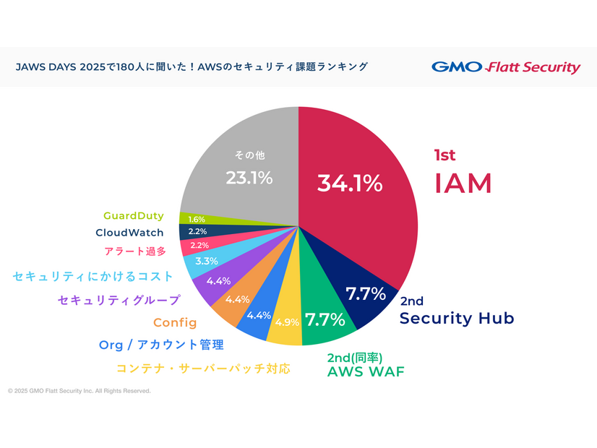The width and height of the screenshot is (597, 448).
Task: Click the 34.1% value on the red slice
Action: coord(349,183)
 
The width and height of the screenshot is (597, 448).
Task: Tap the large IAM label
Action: coord(463,184)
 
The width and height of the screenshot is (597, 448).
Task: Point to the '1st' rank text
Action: coord(444,155)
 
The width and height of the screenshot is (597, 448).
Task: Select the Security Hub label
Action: coord(457,318)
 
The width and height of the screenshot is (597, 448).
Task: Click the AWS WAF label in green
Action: coord(366,371)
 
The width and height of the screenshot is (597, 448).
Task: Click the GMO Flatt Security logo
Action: coord(506,67)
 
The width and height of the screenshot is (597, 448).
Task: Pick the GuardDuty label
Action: coord(133,216)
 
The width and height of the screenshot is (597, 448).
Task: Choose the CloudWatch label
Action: coord(129,233)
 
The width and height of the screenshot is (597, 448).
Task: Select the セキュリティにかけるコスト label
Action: coord(93,276)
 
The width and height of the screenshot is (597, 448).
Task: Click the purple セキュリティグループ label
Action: coord(119,299)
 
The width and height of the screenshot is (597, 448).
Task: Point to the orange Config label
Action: coord(175,322)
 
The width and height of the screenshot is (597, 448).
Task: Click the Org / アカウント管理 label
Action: coord(161,345)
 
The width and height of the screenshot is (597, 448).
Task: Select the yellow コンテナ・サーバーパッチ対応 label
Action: coord(203,368)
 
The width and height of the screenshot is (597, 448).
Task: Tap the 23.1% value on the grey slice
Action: coord(249,177)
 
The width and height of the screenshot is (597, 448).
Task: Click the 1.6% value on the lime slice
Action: coord(196,219)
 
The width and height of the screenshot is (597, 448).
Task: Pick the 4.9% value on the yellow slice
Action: coord(287,322)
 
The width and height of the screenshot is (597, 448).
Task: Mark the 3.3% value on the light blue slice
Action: coord(207,261)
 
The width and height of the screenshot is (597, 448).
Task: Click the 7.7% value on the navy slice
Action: coord(366,293)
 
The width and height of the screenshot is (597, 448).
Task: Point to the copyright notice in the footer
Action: coord(80,391)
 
